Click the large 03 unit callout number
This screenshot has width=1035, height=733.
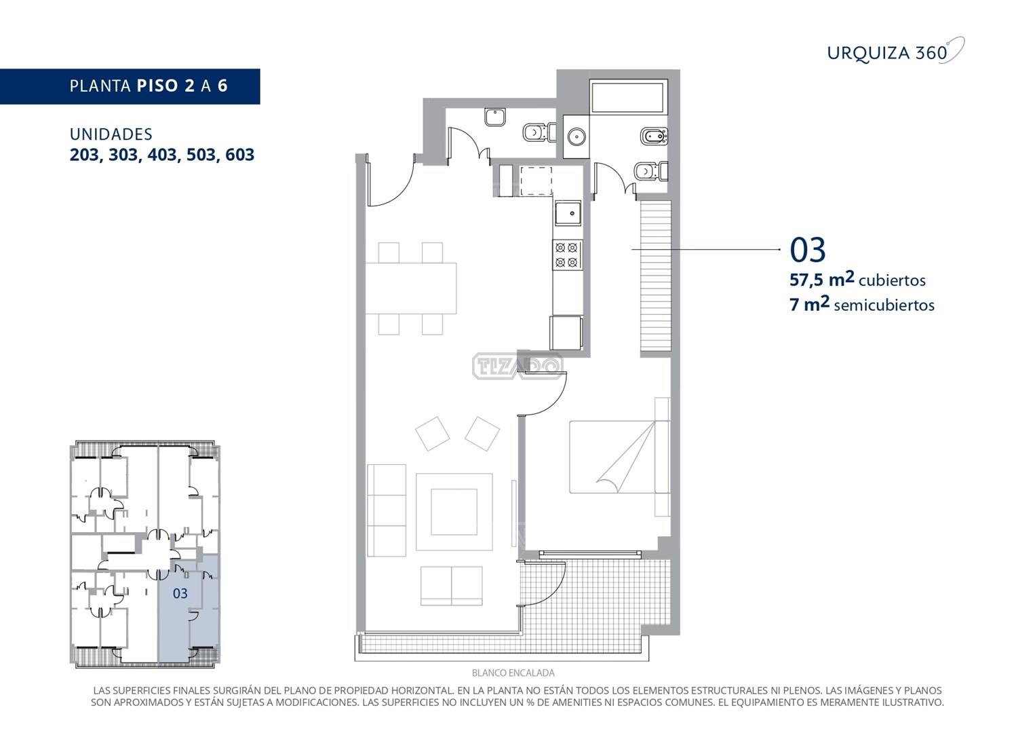[807, 250]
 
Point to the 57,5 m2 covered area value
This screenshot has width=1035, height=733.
[821, 280]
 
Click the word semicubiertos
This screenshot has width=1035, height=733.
[884, 305]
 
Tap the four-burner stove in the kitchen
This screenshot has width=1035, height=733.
[568, 255]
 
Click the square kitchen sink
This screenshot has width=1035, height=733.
[568, 213]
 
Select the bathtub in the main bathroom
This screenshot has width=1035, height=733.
[628, 96]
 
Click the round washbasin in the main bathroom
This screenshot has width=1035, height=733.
[577, 137]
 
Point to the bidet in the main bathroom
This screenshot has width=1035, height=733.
[654, 136]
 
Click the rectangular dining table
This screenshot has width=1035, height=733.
[411, 288]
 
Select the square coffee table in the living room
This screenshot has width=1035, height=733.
[454, 512]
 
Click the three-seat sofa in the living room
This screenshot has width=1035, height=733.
[387, 510]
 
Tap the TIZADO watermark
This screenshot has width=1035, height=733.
[517, 366]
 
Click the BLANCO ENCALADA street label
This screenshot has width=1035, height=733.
[513, 673]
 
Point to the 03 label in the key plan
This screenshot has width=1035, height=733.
[180, 593]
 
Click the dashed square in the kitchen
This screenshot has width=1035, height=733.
[536, 181]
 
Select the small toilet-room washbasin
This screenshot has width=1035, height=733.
[495, 117]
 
